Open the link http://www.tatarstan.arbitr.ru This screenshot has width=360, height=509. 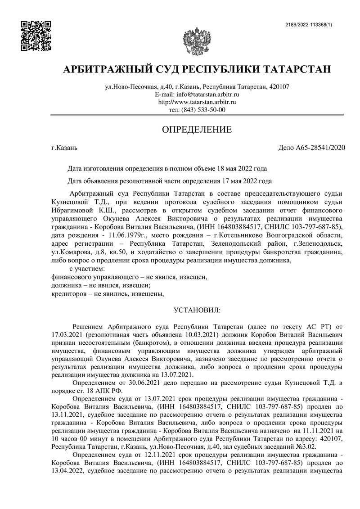(x=197, y=102)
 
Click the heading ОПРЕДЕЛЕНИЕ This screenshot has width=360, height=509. (x=197, y=131)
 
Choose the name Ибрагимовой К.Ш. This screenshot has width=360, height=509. (x=84, y=210)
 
